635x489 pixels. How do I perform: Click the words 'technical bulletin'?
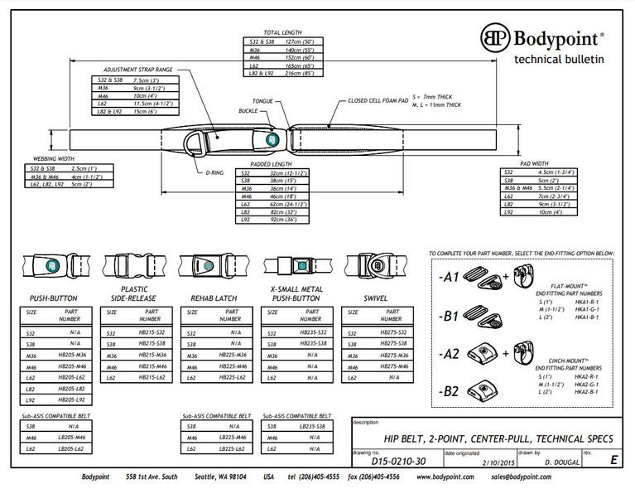pos(560,59)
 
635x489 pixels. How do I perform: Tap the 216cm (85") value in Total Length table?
pos(299,72)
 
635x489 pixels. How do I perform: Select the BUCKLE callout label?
pos(248,109)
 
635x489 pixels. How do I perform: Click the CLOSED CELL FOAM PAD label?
pos(378,100)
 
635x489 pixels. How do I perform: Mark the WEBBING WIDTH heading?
pos(53,157)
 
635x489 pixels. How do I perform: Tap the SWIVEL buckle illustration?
pos(373,265)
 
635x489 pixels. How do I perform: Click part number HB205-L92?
pos(71,399)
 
